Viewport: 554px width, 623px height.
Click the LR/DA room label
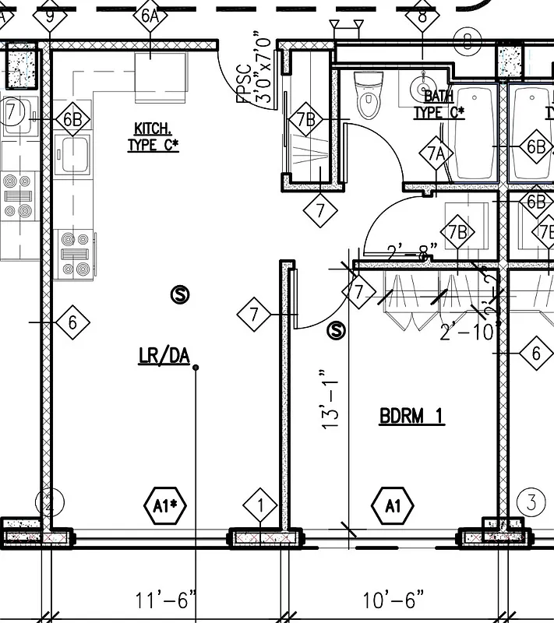(x=164, y=356)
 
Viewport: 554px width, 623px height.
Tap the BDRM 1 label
(x=411, y=417)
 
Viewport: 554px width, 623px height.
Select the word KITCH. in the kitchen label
(x=152, y=128)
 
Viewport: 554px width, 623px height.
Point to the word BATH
(x=439, y=96)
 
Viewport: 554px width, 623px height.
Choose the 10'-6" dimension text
(x=393, y=600)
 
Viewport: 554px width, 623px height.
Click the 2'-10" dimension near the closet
(x=468, y=333)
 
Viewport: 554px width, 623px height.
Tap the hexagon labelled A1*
(x=166, y=506)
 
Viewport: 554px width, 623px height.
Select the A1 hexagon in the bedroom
(x=393, y=506)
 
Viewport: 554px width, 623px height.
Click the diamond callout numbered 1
(x=260, y=506)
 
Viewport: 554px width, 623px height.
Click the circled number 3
(x=531, y=502)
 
